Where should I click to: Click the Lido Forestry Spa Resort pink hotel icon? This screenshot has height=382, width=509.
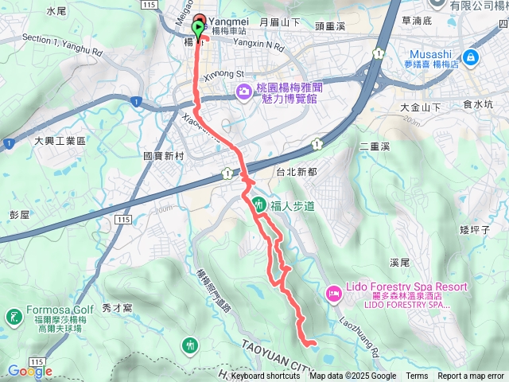[332, 294]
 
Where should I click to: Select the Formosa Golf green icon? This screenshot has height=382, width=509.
[13, 317]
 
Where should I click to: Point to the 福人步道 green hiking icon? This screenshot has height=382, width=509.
[259, 205]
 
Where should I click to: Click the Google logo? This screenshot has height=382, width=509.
[30, 371]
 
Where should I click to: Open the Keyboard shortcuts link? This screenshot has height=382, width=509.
[266, 376]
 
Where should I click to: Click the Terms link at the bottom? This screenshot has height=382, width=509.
[417, 376]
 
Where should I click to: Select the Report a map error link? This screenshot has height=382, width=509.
[471, 376]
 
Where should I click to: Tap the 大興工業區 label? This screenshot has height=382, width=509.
[59, 140]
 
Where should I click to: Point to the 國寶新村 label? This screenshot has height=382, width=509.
[164, 156]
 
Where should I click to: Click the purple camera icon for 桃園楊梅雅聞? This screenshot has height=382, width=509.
[241, 94]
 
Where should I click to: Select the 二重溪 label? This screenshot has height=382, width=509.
[374, 146]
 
